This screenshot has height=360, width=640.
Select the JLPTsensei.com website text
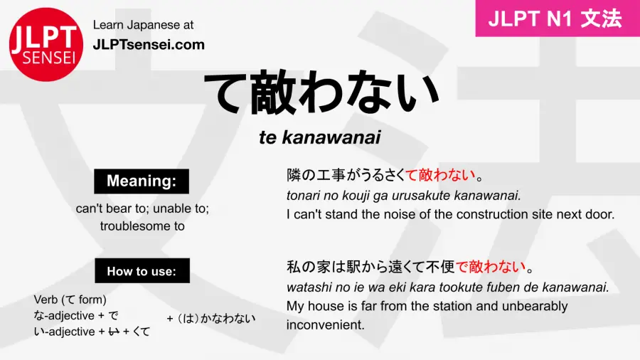(149, 45)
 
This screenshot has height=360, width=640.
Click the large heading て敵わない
(320, 93)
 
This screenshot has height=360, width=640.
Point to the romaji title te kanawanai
(320, 138)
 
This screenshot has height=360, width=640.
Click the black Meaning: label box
(142, 181)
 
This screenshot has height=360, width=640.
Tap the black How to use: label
(142, 270)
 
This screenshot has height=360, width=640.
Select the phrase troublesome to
(142, 226)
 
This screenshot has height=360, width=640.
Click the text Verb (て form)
(70, 300)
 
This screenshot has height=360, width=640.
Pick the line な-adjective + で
(76, 315)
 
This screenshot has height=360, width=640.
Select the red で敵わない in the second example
(491, 268)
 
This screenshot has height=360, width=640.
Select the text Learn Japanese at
(143, 25)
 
